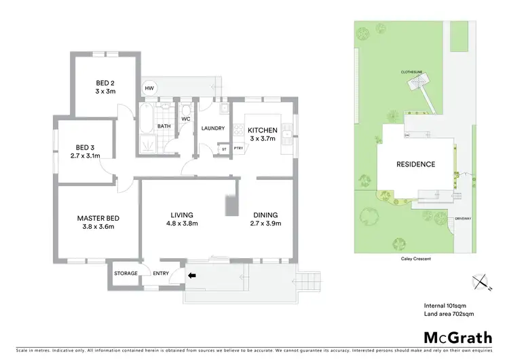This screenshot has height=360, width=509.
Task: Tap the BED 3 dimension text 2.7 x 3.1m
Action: (86, 156)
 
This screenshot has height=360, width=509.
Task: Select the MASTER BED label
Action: (98, 217)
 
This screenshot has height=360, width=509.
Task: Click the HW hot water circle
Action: (149, 88)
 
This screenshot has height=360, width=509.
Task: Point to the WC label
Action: (185, 119)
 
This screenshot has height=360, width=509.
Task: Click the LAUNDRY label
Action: (212, 128)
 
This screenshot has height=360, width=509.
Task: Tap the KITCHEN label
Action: (262, 130)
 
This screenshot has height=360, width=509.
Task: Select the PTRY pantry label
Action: (238, 148)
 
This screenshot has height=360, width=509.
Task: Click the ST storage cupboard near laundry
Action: (223, 148)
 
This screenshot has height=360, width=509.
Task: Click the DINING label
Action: (265, 215)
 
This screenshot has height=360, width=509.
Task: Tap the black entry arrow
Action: (192, 276)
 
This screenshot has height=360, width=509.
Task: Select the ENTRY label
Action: (161, 273)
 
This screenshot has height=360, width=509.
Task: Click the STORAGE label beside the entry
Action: (126, 273)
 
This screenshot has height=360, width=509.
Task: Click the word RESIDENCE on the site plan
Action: (416, 164)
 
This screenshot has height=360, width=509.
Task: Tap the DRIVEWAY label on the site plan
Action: (463, 218)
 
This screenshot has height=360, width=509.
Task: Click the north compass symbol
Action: (480, 283)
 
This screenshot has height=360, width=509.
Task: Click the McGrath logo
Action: (458, 338)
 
